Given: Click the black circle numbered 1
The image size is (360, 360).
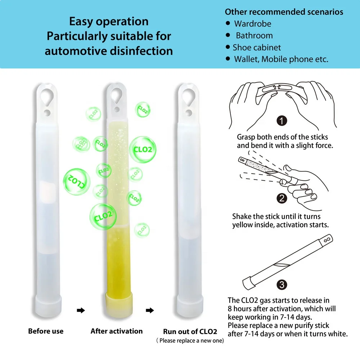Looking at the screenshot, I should [282, 121].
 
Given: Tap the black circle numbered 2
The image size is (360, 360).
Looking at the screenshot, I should [282, 198].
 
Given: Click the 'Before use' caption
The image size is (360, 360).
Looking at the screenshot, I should [46, 331].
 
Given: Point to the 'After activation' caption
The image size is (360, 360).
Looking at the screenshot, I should [117, 331].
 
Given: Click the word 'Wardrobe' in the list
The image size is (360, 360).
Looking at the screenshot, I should [252, 24].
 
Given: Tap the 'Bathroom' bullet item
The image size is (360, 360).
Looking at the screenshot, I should [254, 36].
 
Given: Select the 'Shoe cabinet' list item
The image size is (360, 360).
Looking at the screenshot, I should [257, 48].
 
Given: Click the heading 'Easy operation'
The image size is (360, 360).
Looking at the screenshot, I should [109, 22].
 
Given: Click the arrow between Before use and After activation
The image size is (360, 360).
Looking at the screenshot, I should [81, 310].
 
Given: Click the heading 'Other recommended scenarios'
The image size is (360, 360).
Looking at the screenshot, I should [284, 12].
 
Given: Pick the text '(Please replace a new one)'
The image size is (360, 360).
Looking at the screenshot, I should [190, 341].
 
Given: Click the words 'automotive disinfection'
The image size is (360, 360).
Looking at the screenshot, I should [109, 51].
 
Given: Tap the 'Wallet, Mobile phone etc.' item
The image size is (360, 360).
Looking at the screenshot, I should [281, 59].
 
